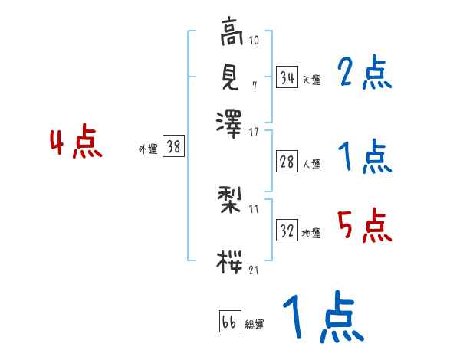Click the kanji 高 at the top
coord(230,33)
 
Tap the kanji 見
coord(230,76)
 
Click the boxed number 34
coord(287,77)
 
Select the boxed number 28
coord(287,161)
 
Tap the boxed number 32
coord(287,231)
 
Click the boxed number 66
coord(229,322)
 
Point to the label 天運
coord(311,80)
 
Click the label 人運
coord(311,164)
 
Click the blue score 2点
coord(364,74)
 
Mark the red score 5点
coord(364,226)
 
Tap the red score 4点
coord(76,144)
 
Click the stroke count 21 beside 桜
coord(254,270)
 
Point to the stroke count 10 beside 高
coord(254,39)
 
